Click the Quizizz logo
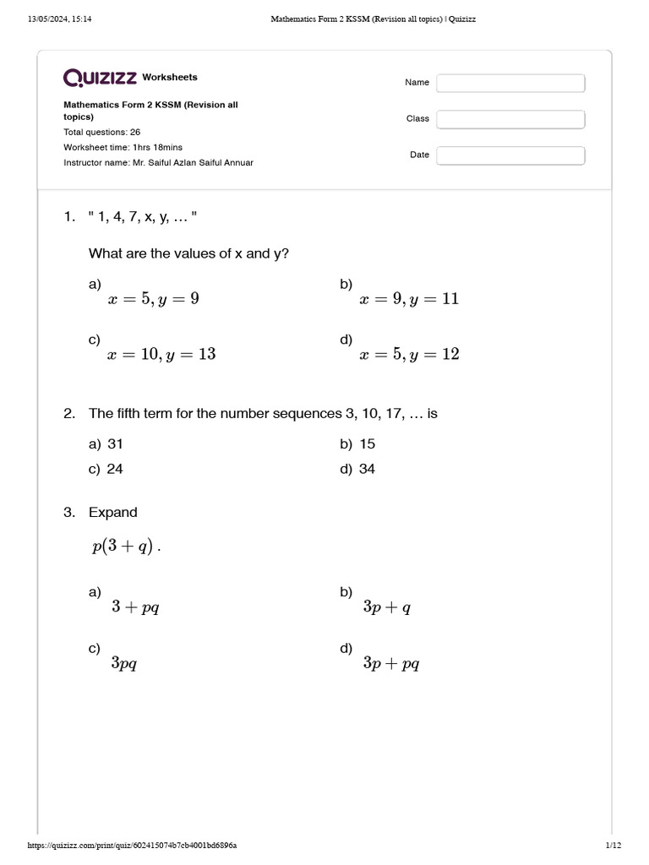point(101,78)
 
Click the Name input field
point(510,83)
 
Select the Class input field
point(510,119)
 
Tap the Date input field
point(510,155)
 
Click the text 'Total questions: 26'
point(102,133)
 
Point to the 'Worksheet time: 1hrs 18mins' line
point(123,147)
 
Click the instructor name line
point(158,162)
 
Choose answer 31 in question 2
point(115,444)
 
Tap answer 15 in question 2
point(367,444)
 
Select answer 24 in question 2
point(115,469)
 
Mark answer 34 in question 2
point(367,469)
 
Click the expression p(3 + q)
point(123,547)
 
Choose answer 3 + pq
point(135,607)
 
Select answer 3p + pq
point(390,663)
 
